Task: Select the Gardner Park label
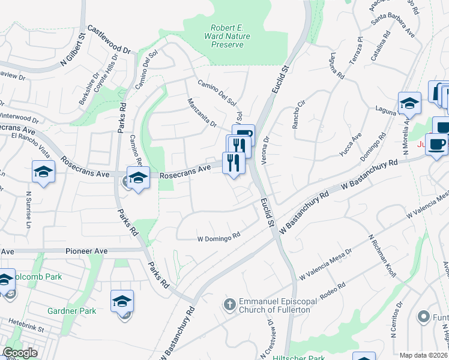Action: [72, 311]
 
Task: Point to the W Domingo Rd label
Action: [219, 238]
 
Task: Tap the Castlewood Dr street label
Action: [109, 38]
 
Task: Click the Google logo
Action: [20, 353]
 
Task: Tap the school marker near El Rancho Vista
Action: [43, 172]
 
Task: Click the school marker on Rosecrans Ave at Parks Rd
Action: [138, 178]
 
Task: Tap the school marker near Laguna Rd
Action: [410, 103]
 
